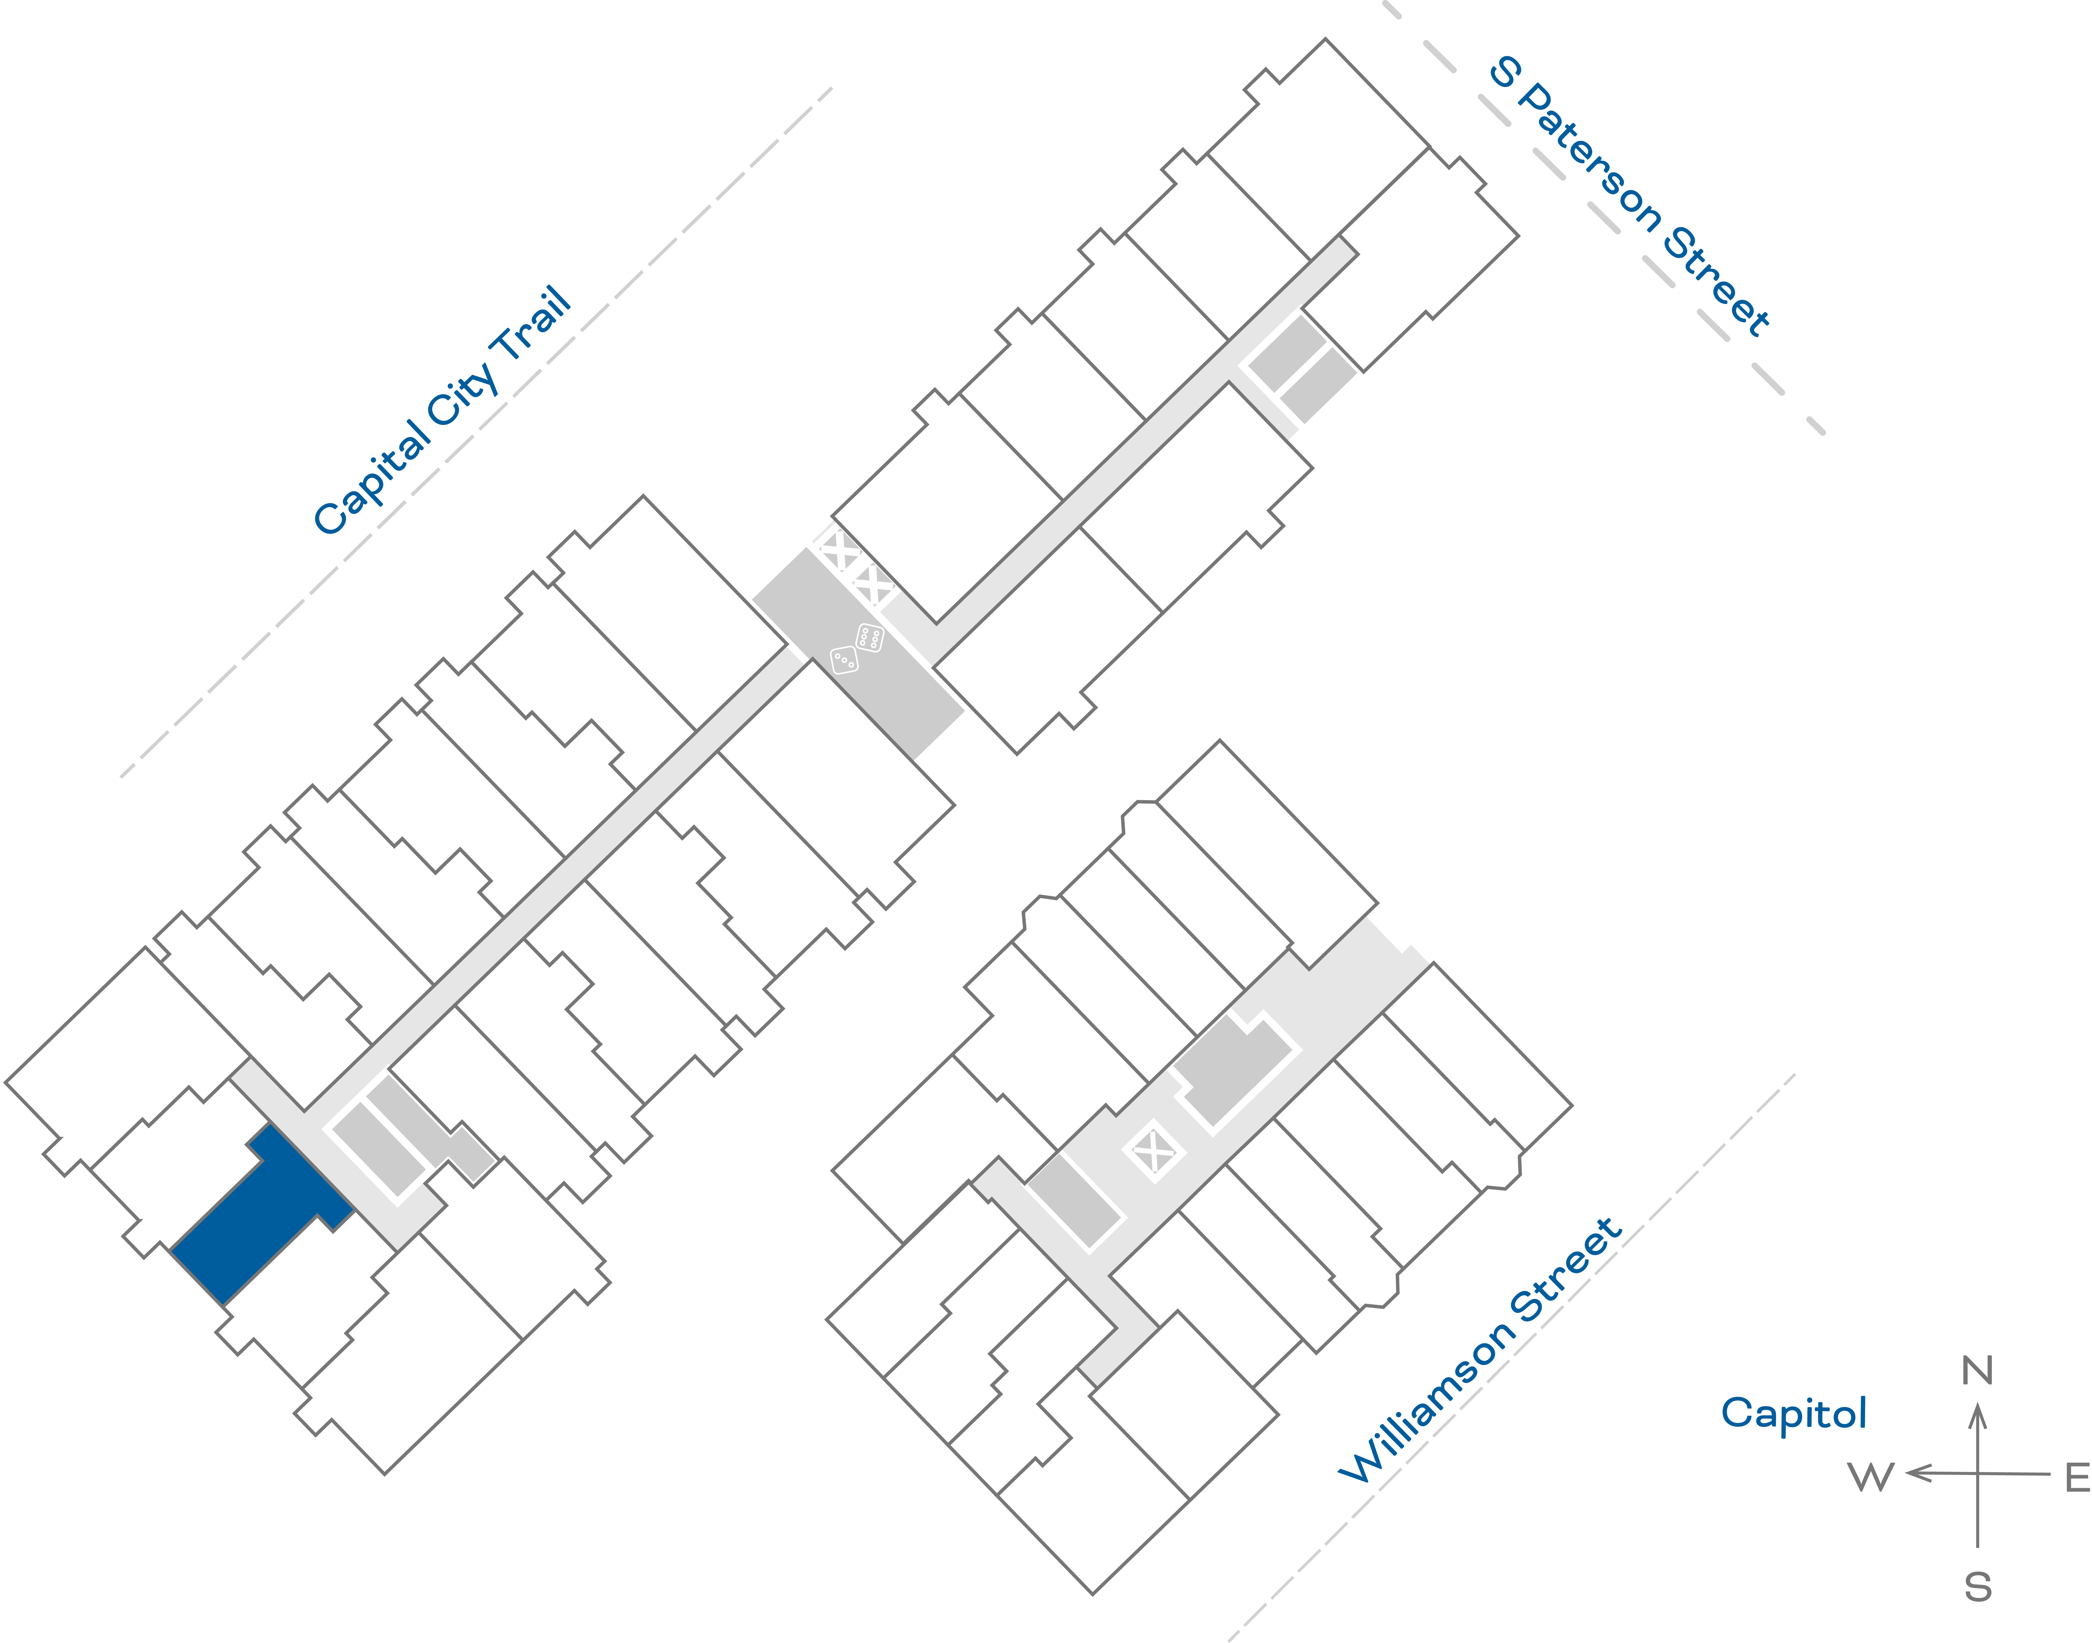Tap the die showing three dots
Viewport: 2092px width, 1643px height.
pos(843,660)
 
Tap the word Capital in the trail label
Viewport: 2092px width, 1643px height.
pos(373,478)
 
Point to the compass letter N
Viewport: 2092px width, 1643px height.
pos(1977,1371)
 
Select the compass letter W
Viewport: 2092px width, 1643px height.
pos(1871,1477)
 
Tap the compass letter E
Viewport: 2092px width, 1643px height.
pos(2077,1477)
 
